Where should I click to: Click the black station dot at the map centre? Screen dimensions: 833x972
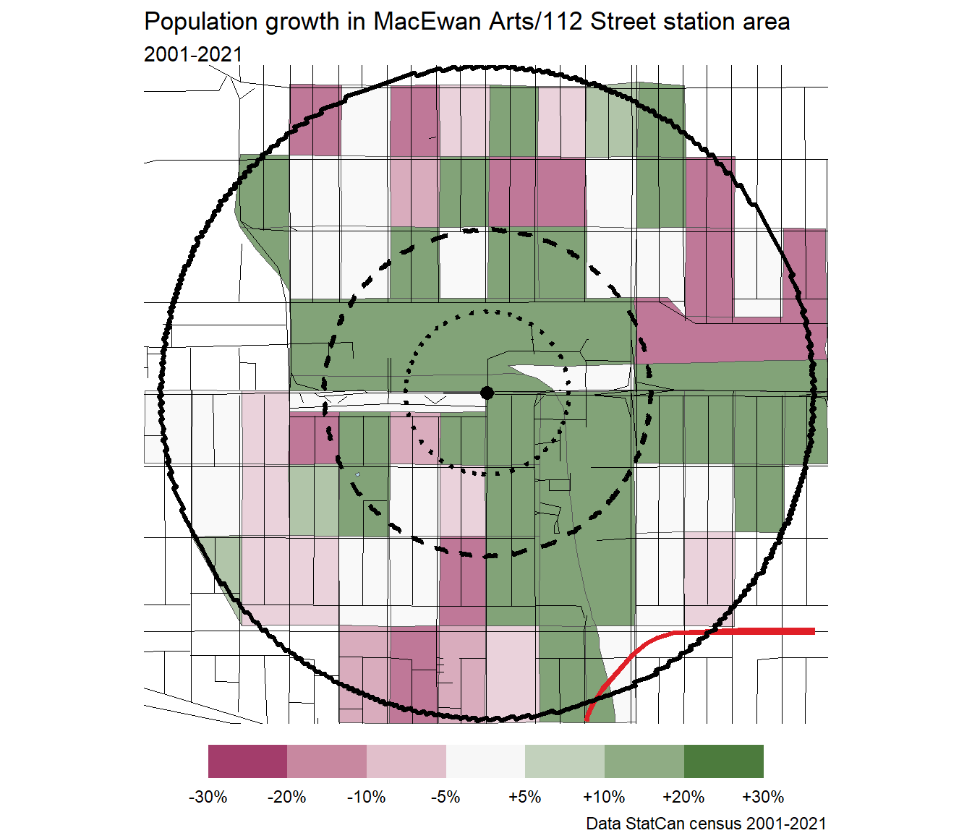pos(487,393)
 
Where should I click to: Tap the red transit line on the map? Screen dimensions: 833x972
pos(759,631)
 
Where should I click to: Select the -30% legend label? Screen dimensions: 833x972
pos(208,797)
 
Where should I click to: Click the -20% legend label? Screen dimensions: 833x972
pos(287,797)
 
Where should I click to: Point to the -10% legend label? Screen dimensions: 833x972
pos(367,797)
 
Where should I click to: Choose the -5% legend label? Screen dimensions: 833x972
pos(445,797)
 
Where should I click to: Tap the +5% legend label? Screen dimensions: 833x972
pos(525,797)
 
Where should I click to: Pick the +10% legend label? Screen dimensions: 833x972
pos(605,797)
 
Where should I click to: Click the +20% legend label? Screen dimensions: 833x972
pos(683,797)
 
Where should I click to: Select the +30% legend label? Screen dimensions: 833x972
pos(763,797)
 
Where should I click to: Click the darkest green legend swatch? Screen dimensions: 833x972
pos(723,761)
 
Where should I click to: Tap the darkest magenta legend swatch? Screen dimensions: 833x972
pos(247,761)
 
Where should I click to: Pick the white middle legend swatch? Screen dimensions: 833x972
pos(485,761)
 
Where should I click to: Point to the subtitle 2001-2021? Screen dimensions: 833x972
pos(193,54)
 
